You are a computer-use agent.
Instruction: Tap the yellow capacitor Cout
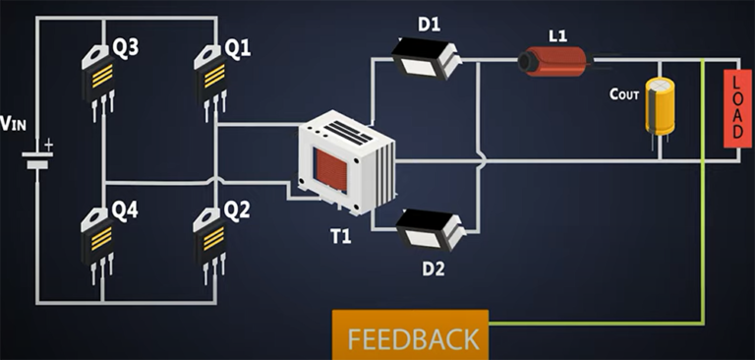point(659,106)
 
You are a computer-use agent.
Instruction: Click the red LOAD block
point(736,109)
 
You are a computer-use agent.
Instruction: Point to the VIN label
point(14,124)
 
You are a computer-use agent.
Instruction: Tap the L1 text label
point(557,35)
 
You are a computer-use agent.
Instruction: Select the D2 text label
point(434,268)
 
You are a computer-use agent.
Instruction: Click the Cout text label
point(624,93)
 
